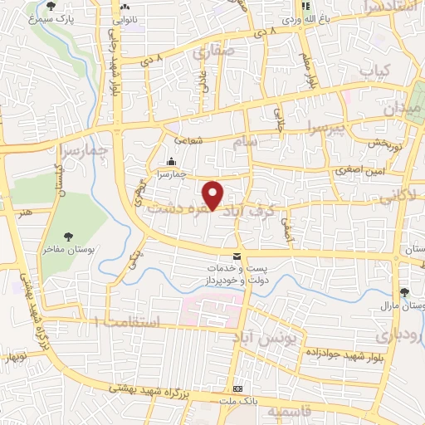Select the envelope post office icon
(237, 256)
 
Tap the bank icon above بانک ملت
(238, 388)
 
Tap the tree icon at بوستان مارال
(404, 292)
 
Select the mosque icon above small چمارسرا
(172, 161)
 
